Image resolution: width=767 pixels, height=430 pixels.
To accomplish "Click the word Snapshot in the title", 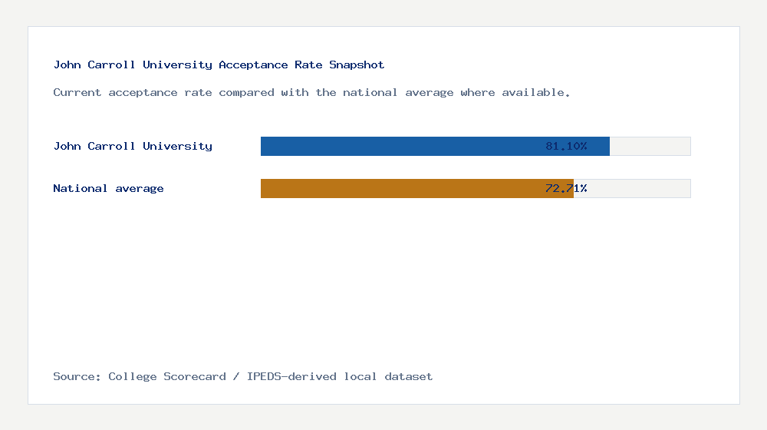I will coord(357,65).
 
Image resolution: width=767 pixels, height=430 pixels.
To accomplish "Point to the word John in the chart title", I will coord(67,65).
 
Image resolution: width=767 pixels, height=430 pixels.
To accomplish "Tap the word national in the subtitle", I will coord(370,93).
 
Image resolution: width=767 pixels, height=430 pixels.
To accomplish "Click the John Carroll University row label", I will coord(133,146).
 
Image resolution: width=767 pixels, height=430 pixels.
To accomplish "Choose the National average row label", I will coord(108,188).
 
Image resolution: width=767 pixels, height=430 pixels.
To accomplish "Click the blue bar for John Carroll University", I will coord(399,146).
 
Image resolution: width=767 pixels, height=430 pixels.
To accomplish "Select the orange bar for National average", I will coord(399,188).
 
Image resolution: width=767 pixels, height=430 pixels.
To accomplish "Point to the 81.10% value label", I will coord(566,146).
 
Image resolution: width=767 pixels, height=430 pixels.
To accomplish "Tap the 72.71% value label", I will coord(566,188).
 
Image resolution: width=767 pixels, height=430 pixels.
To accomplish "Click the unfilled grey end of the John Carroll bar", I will coord(650,146).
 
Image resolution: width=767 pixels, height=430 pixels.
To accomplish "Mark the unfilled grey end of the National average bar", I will coord(633,188).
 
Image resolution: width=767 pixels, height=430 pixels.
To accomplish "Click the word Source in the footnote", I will coord(76,377).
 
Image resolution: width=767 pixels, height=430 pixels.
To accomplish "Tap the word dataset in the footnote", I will coord(408,377).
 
